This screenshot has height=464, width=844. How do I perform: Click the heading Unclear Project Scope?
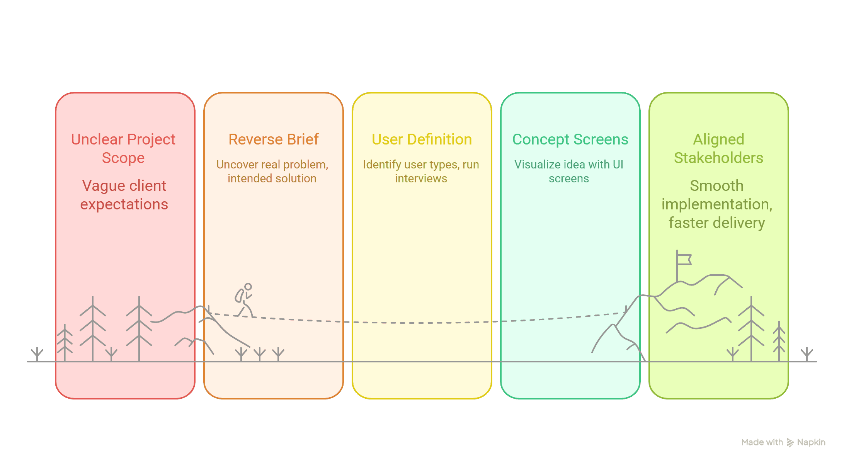(123, 148)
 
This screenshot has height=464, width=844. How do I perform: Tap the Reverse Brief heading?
(274, 139)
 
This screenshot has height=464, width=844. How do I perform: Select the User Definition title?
(422, 139)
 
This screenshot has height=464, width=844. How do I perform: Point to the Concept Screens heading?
(570, 139)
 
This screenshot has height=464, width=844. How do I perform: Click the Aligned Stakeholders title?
(718, 148)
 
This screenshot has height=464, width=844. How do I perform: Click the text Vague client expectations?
(124, 195)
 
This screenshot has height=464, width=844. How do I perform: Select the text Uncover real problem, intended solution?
(272, 171)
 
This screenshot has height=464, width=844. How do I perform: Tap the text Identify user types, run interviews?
(421, 171)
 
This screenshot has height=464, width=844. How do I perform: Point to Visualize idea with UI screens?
(569, 171)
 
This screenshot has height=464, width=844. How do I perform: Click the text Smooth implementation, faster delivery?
(717, 204)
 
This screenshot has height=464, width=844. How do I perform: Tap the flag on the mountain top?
(684, 259)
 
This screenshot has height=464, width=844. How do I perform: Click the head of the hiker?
(248, 287)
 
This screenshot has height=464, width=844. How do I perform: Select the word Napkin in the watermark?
(811, 442)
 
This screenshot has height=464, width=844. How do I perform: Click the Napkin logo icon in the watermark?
(790, 443)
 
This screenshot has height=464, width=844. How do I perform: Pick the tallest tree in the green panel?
(751, 328)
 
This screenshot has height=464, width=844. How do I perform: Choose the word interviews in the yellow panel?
(421, 178)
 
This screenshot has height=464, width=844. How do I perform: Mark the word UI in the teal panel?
(618, 164)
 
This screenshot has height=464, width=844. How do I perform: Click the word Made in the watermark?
(752, 442)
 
